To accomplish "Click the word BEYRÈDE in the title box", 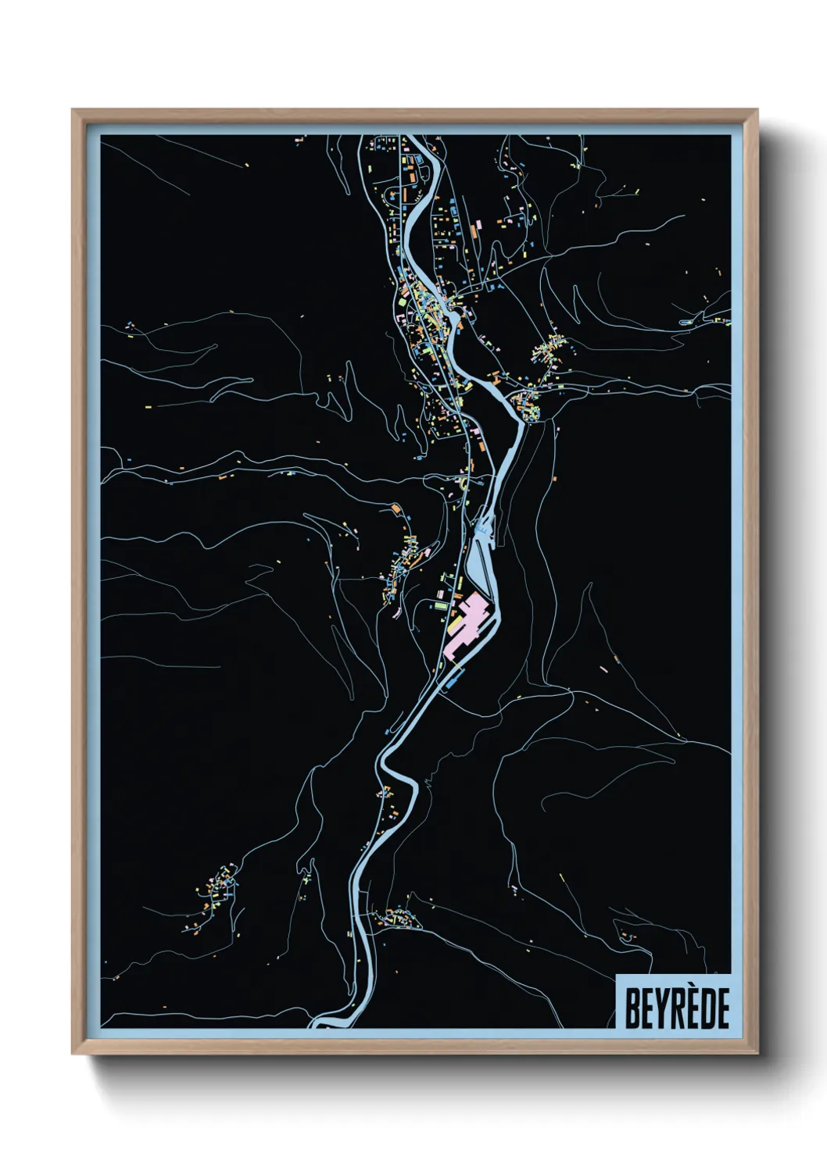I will [676, 1008].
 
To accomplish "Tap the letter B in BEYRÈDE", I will [632, 1008].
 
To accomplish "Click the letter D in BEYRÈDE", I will [707, 1008].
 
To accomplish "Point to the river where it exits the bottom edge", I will [332, 1022].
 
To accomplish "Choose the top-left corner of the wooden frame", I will [73, 111].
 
